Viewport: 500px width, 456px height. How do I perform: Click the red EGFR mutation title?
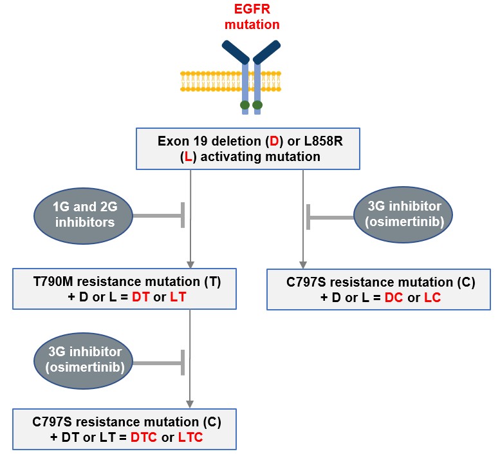click(x=251, y=18)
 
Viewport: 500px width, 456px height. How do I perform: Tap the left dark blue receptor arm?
click(x=234, y=52)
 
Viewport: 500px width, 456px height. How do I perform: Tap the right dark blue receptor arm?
click(x=267, y=52)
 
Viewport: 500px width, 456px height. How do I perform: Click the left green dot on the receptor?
click(x=245, y=104)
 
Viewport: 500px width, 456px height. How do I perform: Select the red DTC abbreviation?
click(x=145, y=437)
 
